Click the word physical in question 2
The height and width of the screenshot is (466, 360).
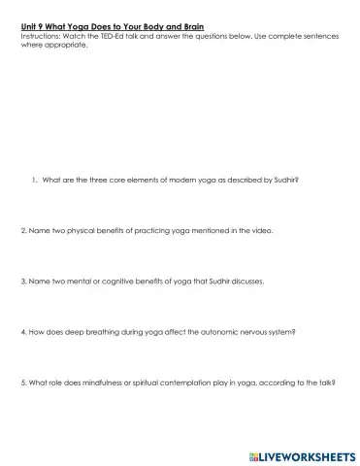click(x=75, y=232)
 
